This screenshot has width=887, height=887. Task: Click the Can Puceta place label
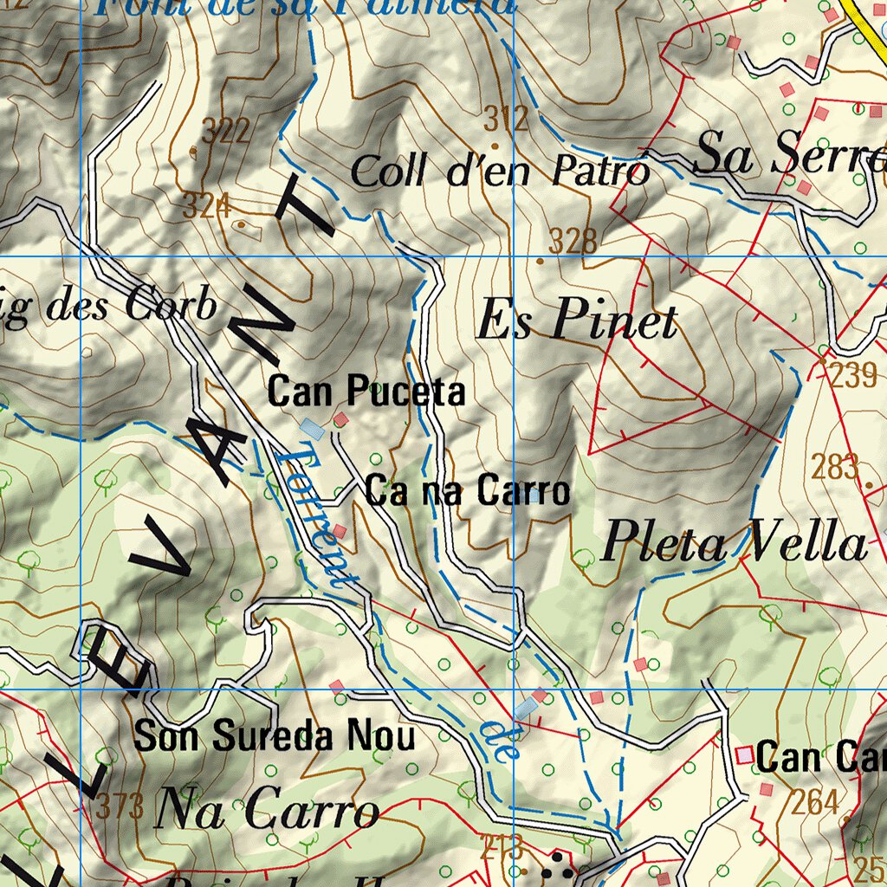pyautogui.click(x=366, y=392)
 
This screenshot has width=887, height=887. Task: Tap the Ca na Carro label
pyautogui.click(x=468, y=491)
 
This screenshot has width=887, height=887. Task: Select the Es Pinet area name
pyautogui.click(x=577, y=321)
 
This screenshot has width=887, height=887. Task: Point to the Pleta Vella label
pyautogui.click(x=734, y=544)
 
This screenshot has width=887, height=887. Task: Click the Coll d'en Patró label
pyautogui.click(x=500, y=171)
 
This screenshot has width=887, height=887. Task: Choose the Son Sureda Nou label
pyautogui.click(x=275, y=737)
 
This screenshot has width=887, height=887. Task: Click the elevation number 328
pyautogui.click(x=572, y=241)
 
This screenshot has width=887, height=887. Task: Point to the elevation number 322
pyautogui.click(x=225, y=132)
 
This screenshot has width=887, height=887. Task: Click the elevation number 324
pyautogui.click(x=206, y=206)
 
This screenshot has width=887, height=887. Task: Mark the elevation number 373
pyautogui.click(x=120, y=808)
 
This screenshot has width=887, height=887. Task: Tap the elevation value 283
pyautogui.click(x=835, y=467)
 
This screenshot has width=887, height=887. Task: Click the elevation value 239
pyautogui.click(x=854, y=376)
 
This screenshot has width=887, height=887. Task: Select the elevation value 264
pyautogui.click(x=815, y=802)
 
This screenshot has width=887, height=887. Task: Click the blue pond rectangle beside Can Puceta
pyautogui.click(x=312, y=428)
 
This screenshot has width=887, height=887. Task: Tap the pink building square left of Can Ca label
pyautogui.click(x=744, y=755)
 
